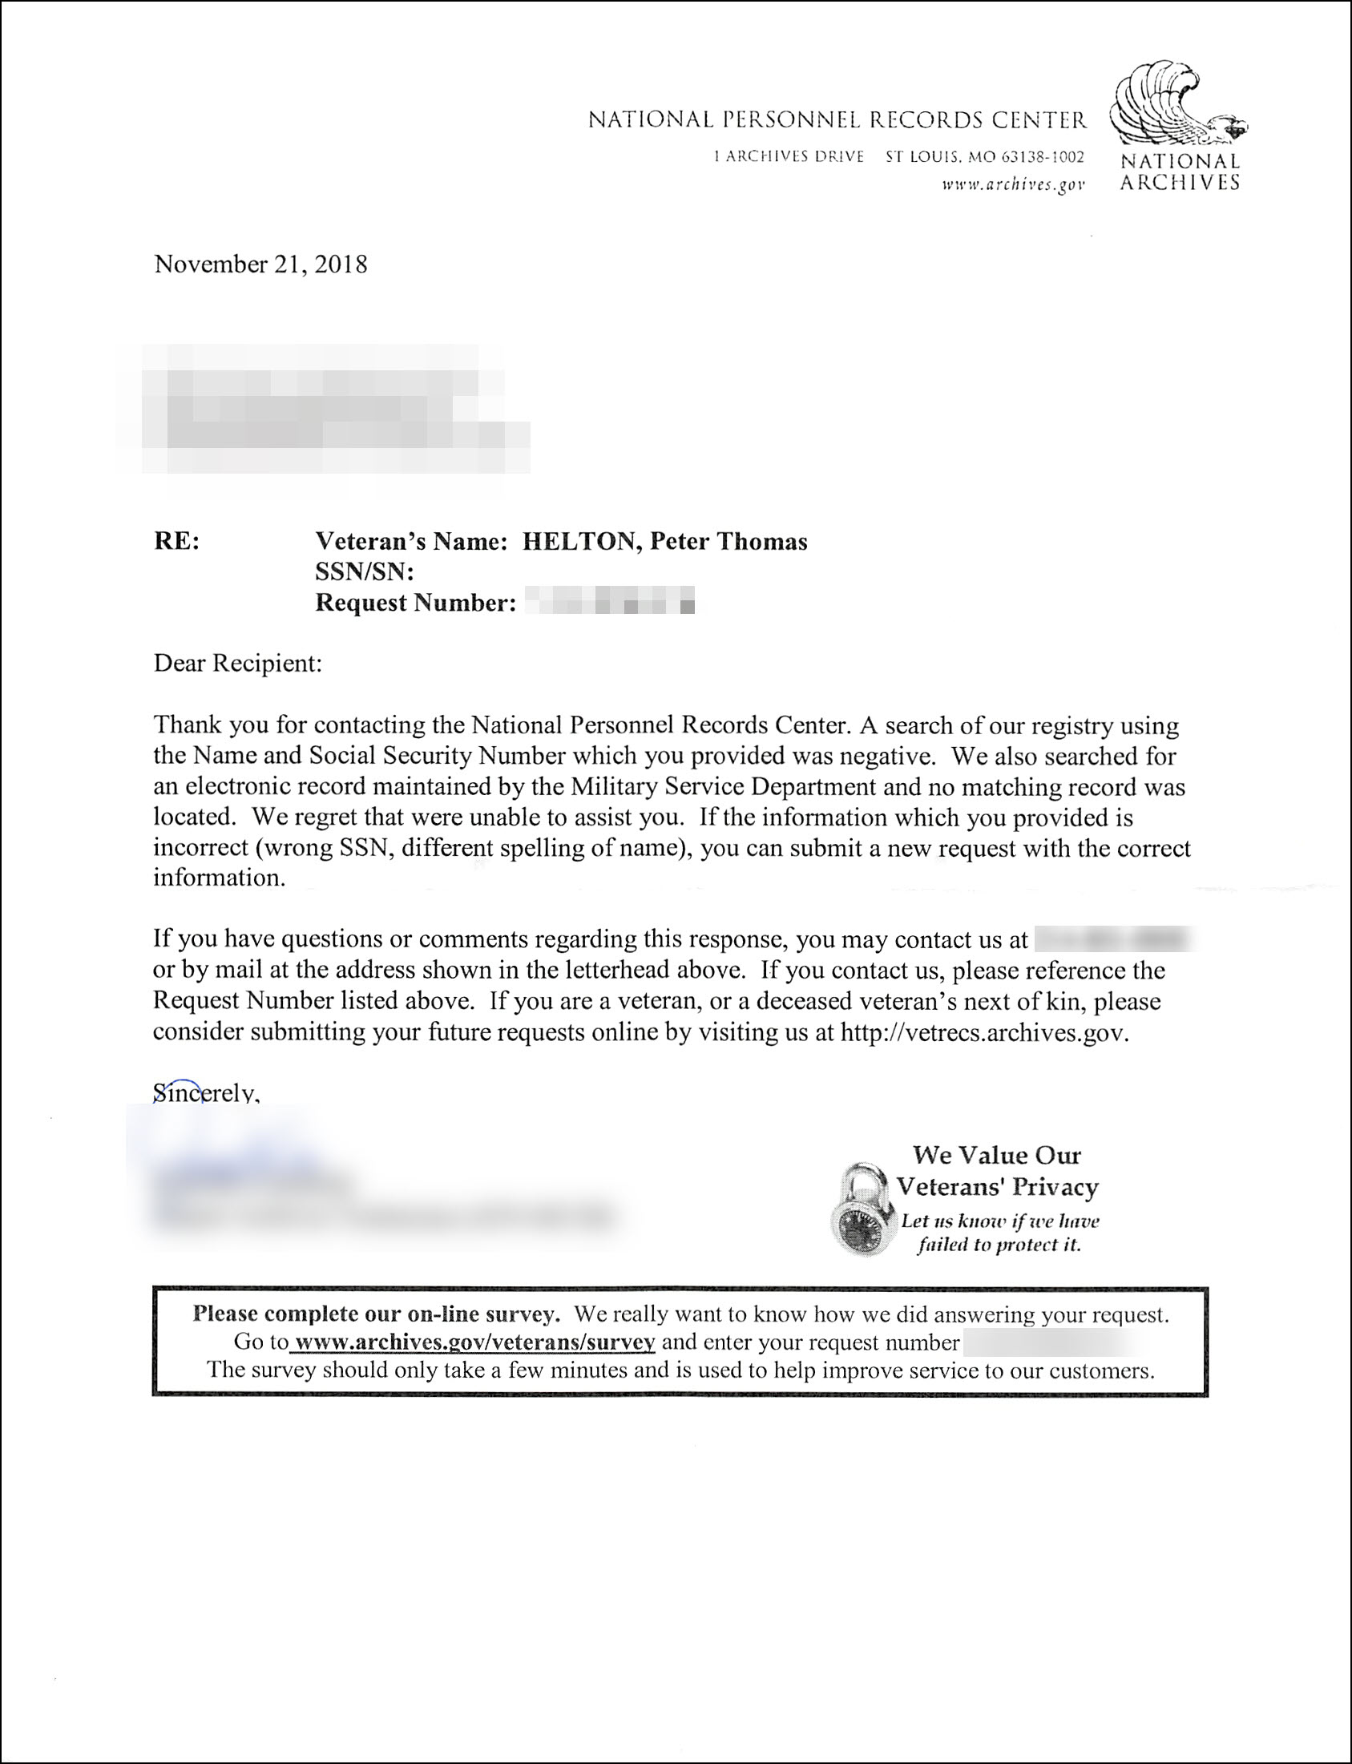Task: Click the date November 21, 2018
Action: click(x=260, y=264)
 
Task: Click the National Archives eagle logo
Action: click(x=1176, y=106)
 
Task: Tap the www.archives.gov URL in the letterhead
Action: click(x=1013, y=185)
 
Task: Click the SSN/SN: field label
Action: click(x=364, y=572)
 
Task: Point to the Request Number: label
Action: click(x=415, y=603)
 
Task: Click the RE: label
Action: click(x=176, y=542)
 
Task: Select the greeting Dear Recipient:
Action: click(x=237, y=664)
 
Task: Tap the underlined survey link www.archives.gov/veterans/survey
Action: click(x=474, y=1342)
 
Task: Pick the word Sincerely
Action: click(x=205, y=1093)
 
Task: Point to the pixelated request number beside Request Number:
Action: click(x=609, y=603)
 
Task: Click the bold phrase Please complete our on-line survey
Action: click(x=376, y=1314)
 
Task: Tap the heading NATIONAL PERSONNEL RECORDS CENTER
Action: click(x=837, y=121)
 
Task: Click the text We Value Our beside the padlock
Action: click(x=996, y=1156)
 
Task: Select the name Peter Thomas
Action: click(x=728, y=542)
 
